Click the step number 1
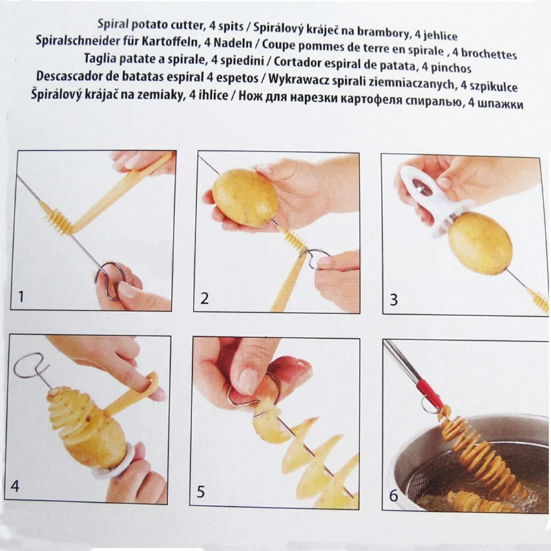click(21, 297)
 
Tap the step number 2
click(204, 298)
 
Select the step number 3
click(394, 300)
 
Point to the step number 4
click(14, 486)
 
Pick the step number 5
click(200, 492)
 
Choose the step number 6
click(393, 495)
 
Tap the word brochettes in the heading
click(489, 54)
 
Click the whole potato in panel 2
click(245, 198)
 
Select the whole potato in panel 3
click(480, 243)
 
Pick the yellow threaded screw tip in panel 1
click(56, 218)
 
